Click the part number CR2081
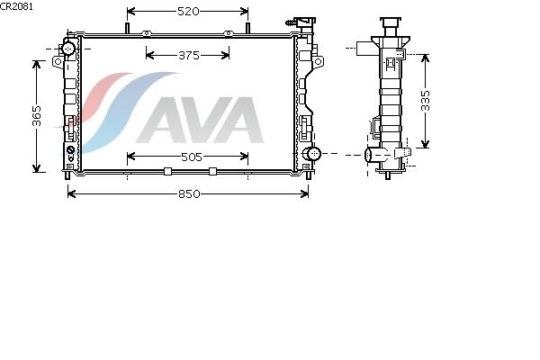[x=16, y=6]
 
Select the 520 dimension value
[x=188, y=12]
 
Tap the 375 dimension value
[x=189, y=56]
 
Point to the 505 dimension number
[x=192, y=157]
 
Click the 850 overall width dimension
[x=189, y=194]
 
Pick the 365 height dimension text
[x=37, y=116]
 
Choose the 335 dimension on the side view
[x=426, y=101]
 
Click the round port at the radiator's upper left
[x=69, y=49]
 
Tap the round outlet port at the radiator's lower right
[x=313, y=153]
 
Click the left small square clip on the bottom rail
[x=167, y=171]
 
